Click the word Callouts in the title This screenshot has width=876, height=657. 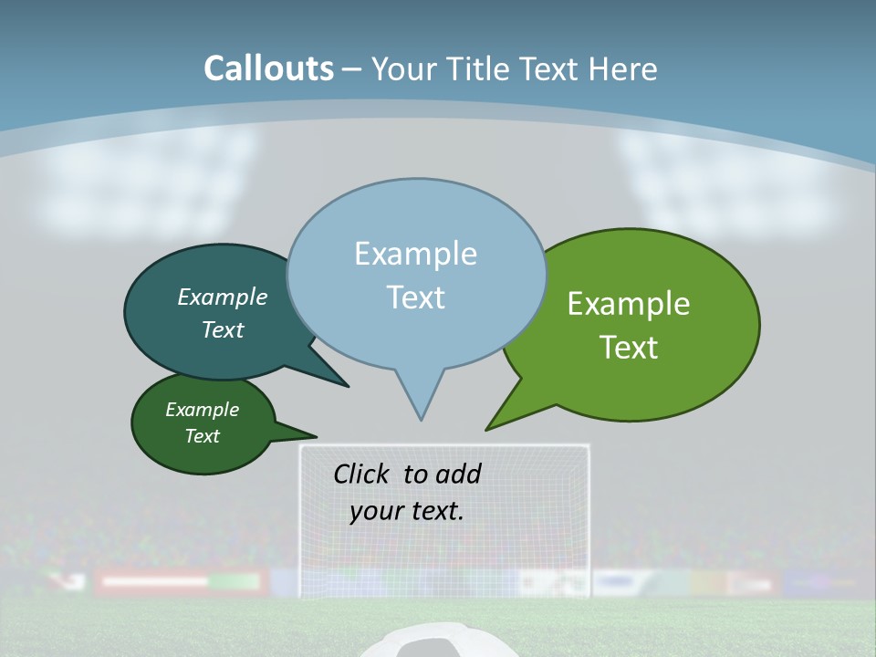tap(268, 68)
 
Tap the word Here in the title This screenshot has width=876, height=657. tap(621, 68)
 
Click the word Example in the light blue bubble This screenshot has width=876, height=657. tap(415, 254)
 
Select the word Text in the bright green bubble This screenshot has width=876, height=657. tap(629, 348)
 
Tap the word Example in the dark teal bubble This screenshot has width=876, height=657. tap(222, 297)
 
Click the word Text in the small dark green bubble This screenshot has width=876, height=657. tap(203, 436)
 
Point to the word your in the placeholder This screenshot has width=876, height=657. tap(375, 511)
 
